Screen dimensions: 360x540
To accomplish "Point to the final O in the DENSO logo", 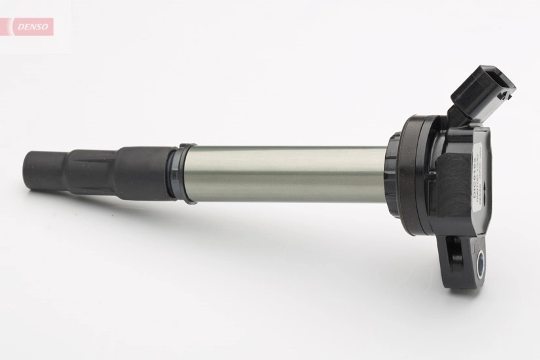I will [x=45, y=27].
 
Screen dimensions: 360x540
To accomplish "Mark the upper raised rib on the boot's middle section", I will [x=92, y=155].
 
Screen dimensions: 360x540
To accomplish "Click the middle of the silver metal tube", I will [x=284, y=174].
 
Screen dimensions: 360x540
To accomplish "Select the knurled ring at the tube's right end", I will [x=393, y=175].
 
